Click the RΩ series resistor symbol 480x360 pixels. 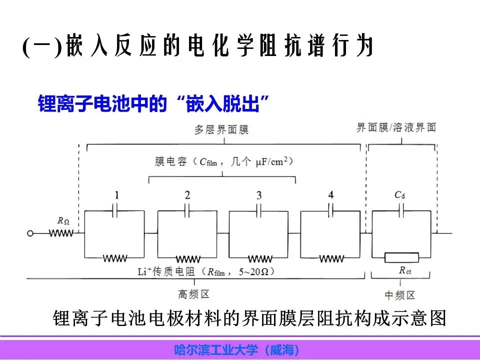pyautogui.click(x=61, y=233)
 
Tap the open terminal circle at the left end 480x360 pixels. pyautogui.click(x=31, y=233)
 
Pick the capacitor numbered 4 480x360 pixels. pyautogui.click(x=331, y=211)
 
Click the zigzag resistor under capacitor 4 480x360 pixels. pyautogui.click(x=331, y=258)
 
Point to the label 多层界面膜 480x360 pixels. pyautogui.click(x=221, y=130)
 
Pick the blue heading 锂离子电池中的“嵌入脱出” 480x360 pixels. pyautogui.click(x=154, y=104)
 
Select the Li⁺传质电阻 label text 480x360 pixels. pyautogui.click(x=205, y=271)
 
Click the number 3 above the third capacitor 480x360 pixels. pyautogui.click(x=259, y=195)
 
